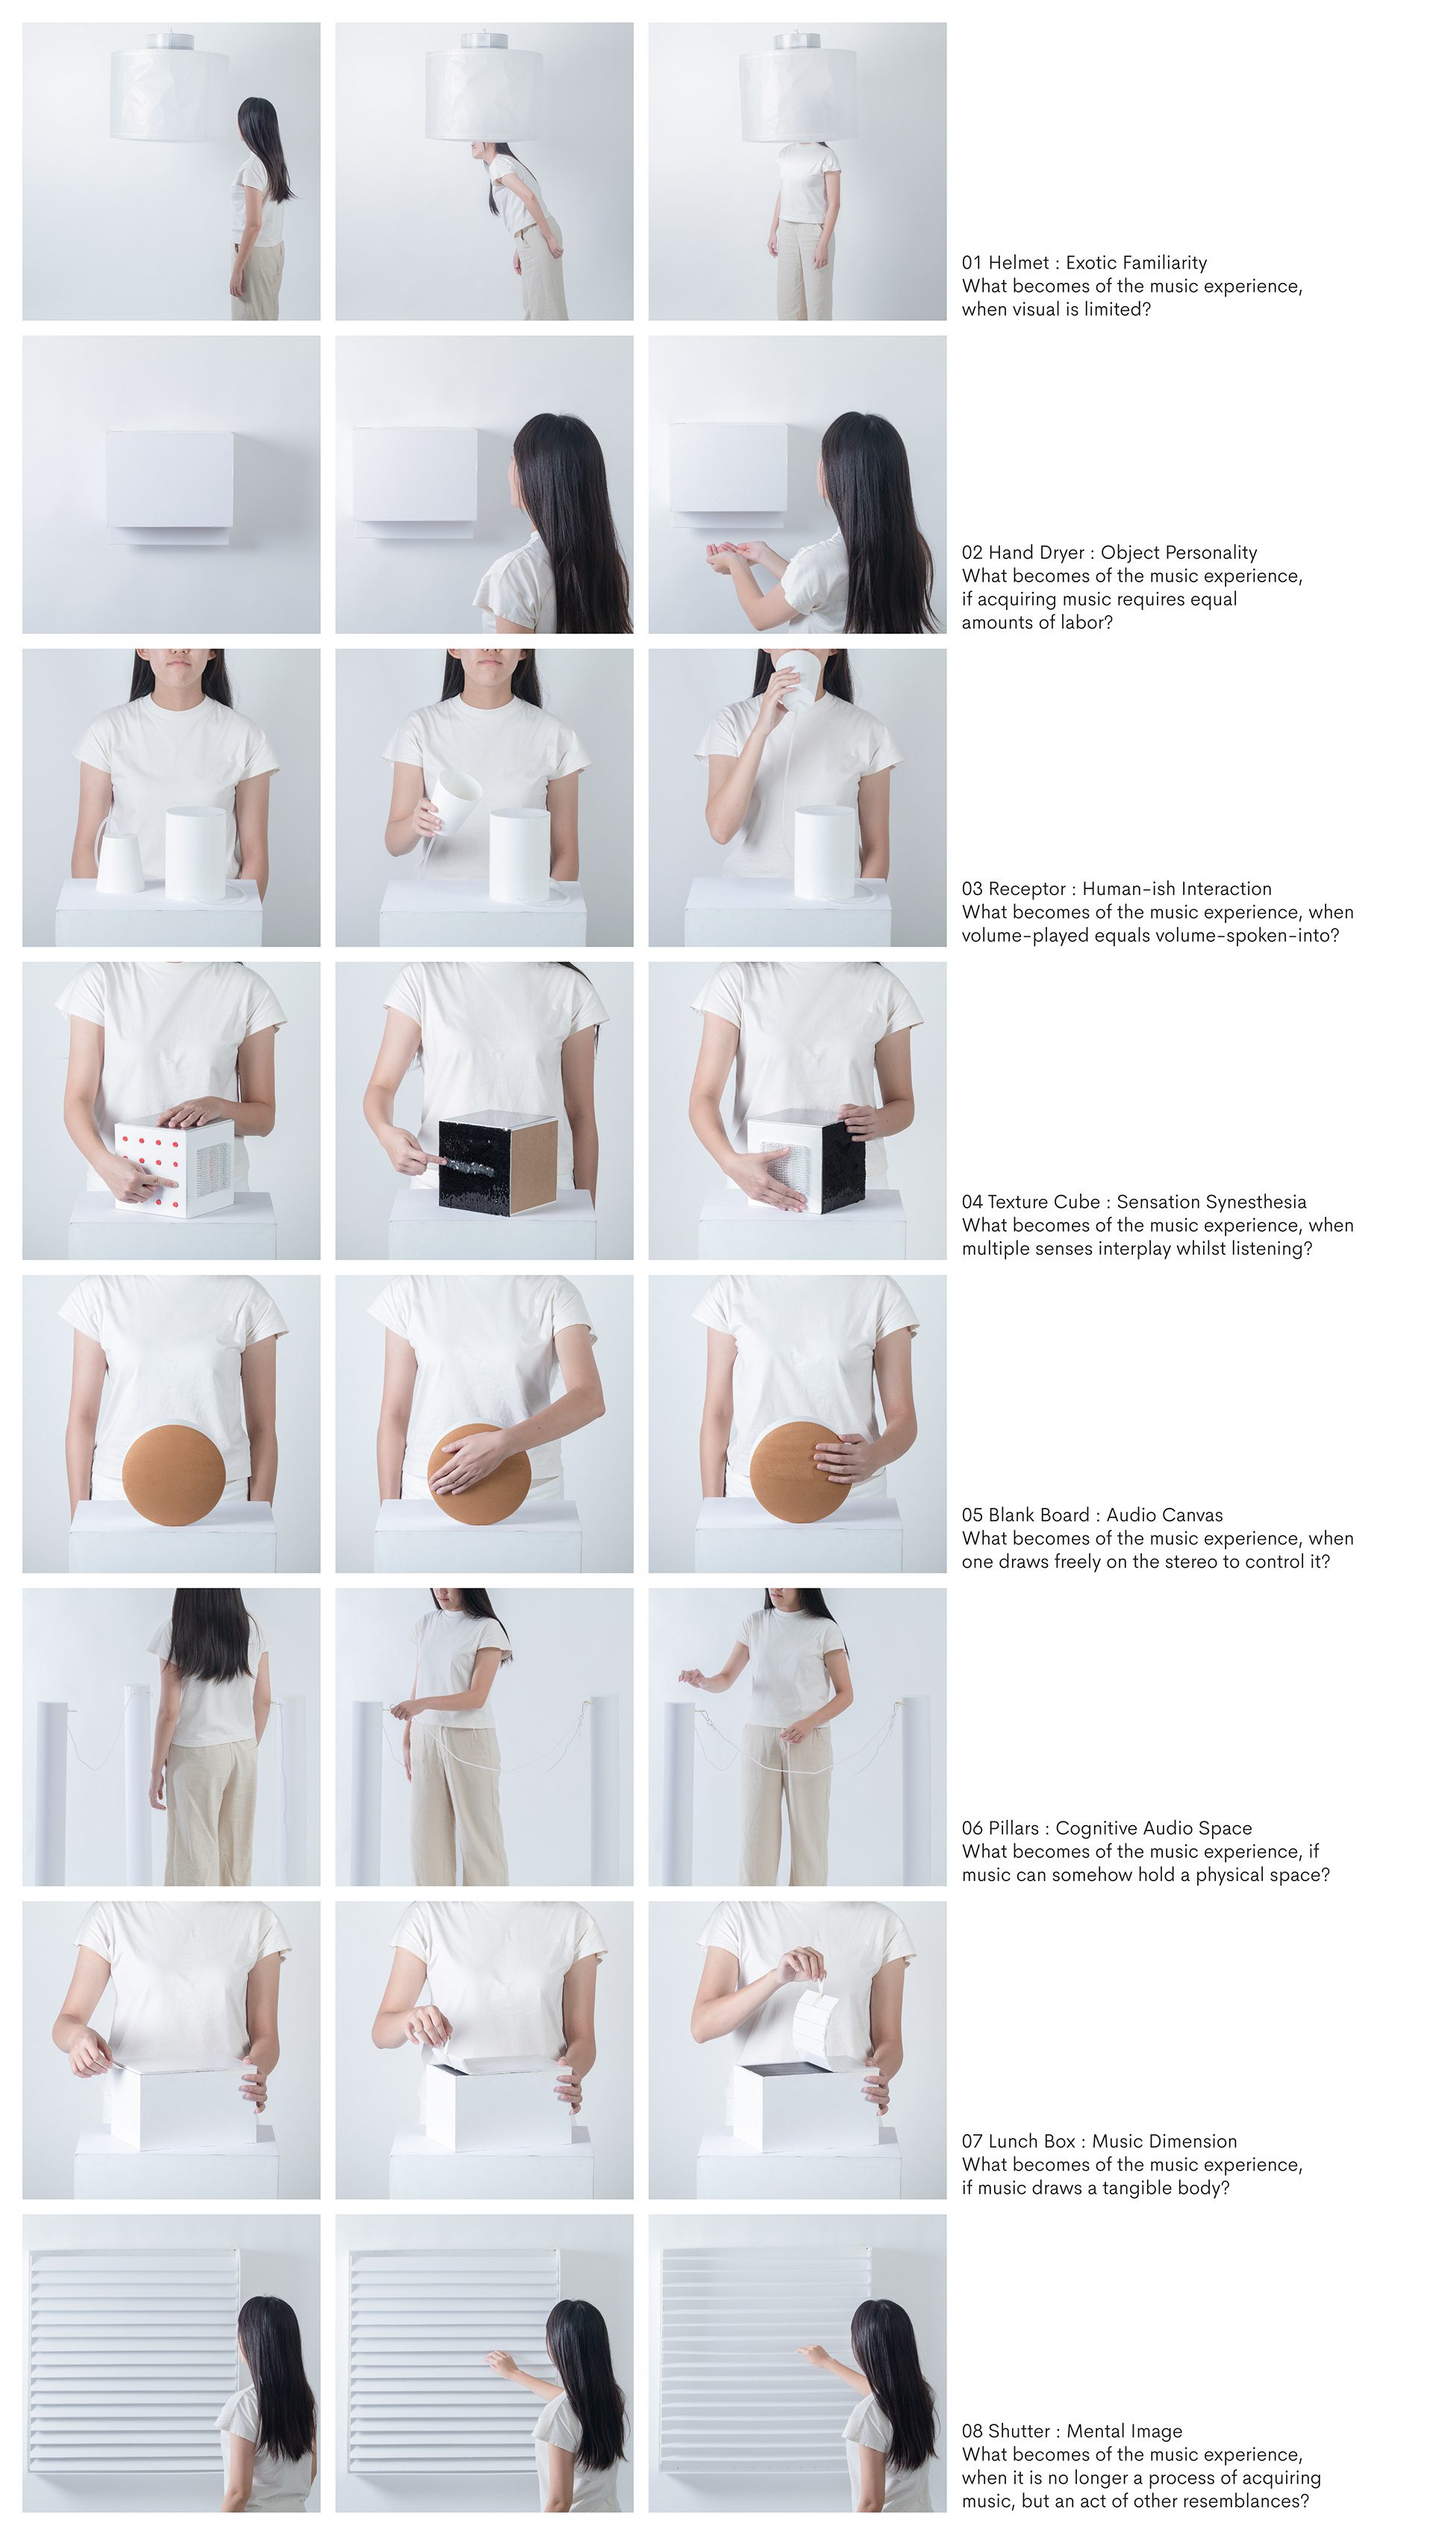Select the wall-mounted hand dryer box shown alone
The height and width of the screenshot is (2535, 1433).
169,485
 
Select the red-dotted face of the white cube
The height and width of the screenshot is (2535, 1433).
149,1168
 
